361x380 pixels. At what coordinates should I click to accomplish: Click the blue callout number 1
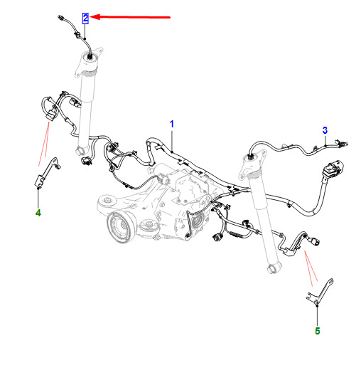coord(171,124)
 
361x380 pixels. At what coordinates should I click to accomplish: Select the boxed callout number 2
coord(85,19)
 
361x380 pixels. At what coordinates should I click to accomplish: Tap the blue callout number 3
coord(325,130)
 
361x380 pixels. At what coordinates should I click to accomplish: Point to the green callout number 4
coord(38,213)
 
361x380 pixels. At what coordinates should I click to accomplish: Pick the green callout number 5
coord(318,331)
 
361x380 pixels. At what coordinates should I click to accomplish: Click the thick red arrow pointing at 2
coord(130,17)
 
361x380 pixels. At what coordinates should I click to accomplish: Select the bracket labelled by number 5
coord(320,292)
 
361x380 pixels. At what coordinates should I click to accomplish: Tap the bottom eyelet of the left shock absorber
coord(80,150)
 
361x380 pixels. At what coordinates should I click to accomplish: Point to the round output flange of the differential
coord(119,226)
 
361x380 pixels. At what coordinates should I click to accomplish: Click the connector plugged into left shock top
coord(90,57)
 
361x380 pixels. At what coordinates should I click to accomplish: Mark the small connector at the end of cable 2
coord(60,18)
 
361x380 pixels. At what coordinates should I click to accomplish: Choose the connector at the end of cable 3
coord(342,143)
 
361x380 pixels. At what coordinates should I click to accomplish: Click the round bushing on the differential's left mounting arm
coord(107,200)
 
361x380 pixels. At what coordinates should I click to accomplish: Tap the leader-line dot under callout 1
coord(172,152)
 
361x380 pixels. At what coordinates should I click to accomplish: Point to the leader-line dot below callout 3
coord(325,146)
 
